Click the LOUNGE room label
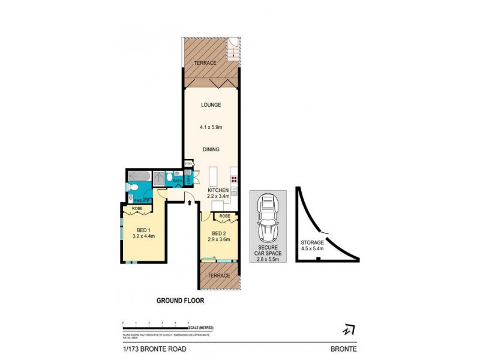click(x=211, y=105)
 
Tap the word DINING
click(x=211, y=149)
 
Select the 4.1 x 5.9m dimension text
click(x=211, y=127)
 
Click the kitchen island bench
click(x=212, y=177)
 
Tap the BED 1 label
click(x=143, y=229)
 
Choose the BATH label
click(x=178, y=181)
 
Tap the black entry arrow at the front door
click(x=190, y=204)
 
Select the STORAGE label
click(x=312, y=243)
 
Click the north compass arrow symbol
click(x=347, y=329)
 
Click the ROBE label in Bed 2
click(x=225, y=216)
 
